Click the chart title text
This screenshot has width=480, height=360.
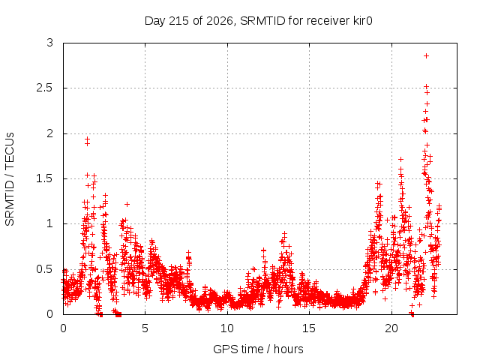tap(258, 21)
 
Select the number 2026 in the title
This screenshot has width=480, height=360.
tap(220, 21)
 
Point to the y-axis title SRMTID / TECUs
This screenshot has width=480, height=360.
tap(10, 179)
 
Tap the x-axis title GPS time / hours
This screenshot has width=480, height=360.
tap(258, 349)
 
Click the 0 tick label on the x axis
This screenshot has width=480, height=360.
tap(63, 328)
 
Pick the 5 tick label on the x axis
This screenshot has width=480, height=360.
tap(145, 328)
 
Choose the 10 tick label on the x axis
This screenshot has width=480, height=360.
tap(227, 328)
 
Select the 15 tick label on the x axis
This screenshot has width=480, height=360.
tap(309, 328)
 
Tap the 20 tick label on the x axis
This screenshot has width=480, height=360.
tap(391, 328)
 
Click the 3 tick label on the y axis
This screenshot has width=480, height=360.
tap(50, 43)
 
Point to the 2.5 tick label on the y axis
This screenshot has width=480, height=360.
tap(45, 88)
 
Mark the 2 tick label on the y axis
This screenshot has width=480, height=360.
tap(50, 133)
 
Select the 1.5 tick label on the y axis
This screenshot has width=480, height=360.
tap(45, 178)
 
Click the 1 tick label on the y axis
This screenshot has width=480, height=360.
tap(50, 223)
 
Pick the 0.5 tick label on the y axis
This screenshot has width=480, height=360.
tap(45, 269)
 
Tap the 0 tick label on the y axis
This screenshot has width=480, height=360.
tap(50, 314)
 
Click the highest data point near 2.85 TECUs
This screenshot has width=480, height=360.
tap(426, 56)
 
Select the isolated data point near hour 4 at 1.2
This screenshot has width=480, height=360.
tap(127, 204)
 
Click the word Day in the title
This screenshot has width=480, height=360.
tap(154, 22)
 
